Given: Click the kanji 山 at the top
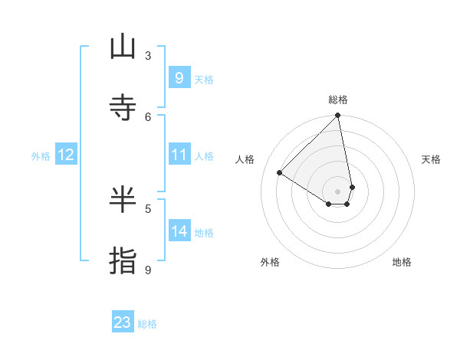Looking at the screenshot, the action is coord(123,47).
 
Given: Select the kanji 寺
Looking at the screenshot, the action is coord(123,108).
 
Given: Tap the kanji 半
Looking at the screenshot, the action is coord(123,200).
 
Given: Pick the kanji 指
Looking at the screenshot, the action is coord(123,260).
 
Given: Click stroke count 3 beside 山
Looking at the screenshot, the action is coord(148,55).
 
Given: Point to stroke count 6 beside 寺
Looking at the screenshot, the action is coord(148,116).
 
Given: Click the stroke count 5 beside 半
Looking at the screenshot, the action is coord(148,208).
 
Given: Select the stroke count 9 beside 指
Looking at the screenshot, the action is coord(148,269).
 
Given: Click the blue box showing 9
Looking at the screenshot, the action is coord(179,78).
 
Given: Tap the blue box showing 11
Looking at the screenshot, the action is coord(179,155).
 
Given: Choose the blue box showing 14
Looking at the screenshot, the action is coord(179,231).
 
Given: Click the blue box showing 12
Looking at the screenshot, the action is coord(66,155).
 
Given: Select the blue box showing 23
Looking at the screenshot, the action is coord(123,322).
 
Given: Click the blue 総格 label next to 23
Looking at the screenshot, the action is coord(147,324).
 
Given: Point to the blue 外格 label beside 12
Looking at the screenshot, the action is coord(41,156).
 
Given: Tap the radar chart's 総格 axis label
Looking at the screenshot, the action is coord(338,100).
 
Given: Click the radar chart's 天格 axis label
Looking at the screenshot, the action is coord(432,159).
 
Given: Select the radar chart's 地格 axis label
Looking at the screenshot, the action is coord(402,262).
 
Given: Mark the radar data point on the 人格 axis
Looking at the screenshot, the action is coord(280,173).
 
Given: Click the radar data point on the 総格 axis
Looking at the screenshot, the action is coord(338,116).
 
